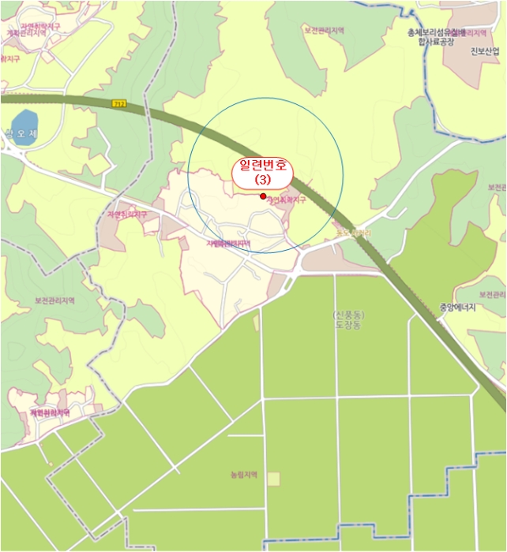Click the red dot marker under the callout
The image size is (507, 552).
click(x=262, y=196)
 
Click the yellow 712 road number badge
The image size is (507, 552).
click(x=119, y=103)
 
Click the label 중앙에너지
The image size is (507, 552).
click(x=459, y=308)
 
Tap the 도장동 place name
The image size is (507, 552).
click(x=347, y=324)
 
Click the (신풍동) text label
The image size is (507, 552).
click(x=348, y=315)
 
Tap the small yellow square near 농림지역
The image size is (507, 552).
click(x=273, y=479)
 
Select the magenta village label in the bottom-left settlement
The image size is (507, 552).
click(x=50, y=412)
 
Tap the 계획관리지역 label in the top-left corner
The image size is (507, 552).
click(x=24, y=34)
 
